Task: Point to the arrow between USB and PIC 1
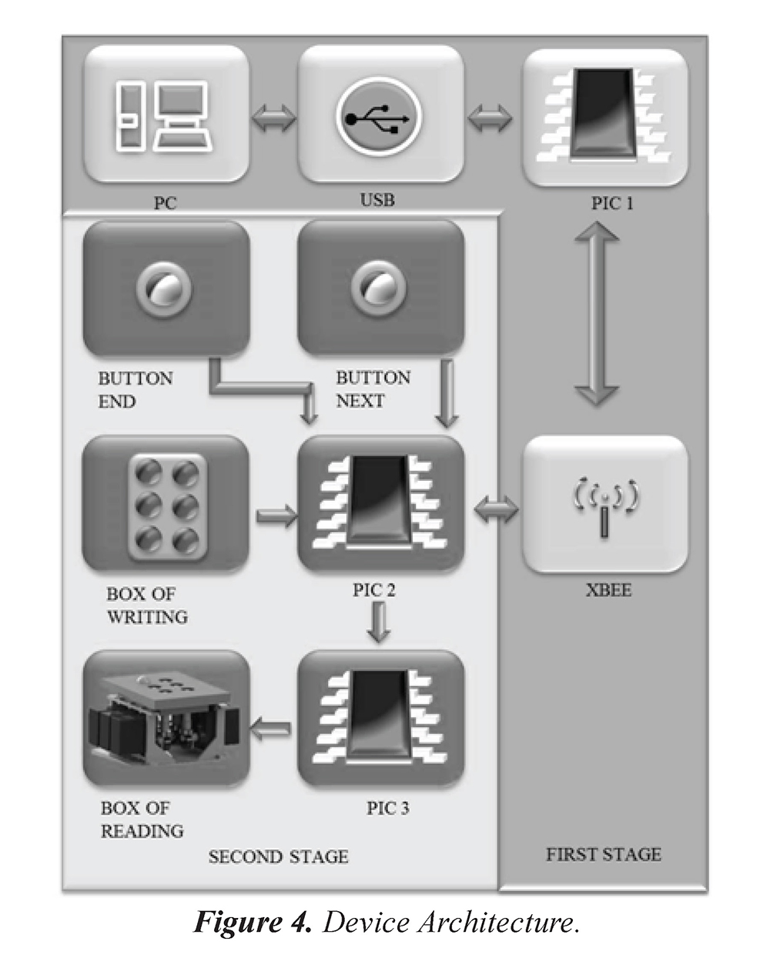click(490, 119)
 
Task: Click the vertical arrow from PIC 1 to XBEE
click(597, 312)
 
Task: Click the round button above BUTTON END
click(160, 289)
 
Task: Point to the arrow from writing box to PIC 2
click(276, 515)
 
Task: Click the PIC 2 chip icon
click(380, 504)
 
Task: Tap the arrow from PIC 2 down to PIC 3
click(377, 622)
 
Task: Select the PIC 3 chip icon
click(380, 718)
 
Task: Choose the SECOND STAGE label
click(278, 856)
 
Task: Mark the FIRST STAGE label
click(603, 854)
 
